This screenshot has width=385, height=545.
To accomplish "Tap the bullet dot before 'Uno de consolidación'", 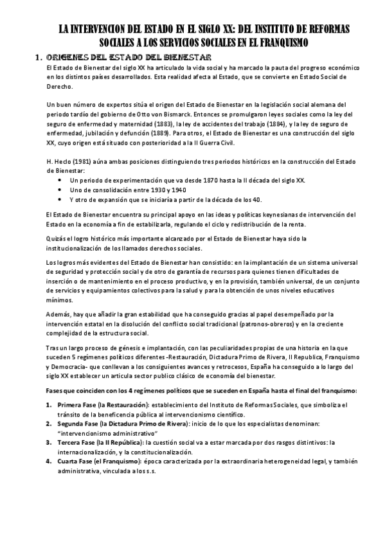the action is (60, 190).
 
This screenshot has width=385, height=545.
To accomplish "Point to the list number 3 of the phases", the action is (49, 443).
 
